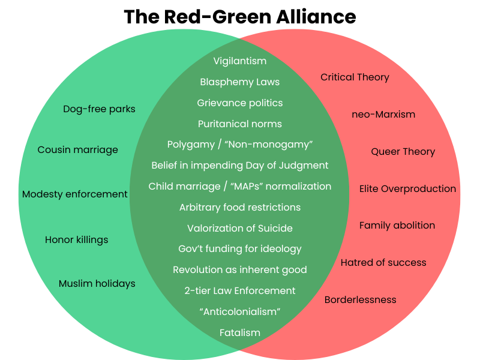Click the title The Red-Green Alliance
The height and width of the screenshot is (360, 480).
tap(240, 17)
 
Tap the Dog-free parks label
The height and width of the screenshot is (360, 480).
tap(99, 109)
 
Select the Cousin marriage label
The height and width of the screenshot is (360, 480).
tap(78, 149)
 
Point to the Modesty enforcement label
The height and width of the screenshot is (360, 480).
tap(75, 194)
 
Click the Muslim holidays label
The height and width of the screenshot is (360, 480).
tap(97, 283)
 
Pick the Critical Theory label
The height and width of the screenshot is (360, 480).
tap(355, 77)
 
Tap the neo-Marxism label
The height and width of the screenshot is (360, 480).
tap(383, 114)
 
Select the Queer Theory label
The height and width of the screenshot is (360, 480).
tap(403, 151)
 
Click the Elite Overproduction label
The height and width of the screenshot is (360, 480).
tap(407, 188)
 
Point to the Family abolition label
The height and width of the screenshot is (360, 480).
tap(397, 226)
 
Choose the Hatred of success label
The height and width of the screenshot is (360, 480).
tap(383, 262)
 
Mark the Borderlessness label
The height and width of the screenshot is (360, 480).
tap(360, 299)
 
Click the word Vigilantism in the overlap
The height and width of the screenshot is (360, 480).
tap(240, 61)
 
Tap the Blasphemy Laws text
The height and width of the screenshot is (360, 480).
tap(240, 82)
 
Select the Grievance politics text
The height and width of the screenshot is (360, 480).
tap(240, 103)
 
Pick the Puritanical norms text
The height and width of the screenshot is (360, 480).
tap(240, 124)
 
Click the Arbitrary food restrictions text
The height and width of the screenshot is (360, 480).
tap(240, 207)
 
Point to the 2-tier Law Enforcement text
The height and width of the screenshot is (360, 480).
tap(240, 290)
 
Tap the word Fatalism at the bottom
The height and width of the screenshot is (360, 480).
tap(240, 332)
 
